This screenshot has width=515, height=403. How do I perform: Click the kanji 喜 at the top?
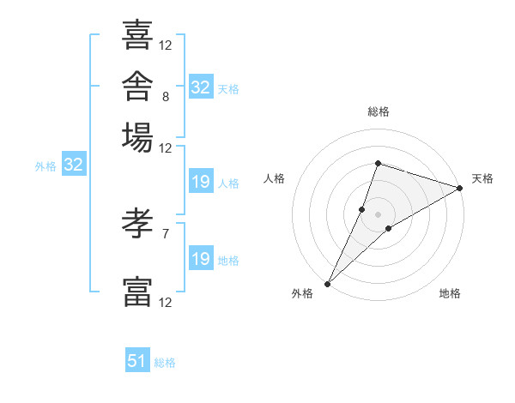pos(137,34)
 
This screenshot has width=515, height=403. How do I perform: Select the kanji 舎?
pos(137,86)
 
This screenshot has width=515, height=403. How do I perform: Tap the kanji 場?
pos(137,137)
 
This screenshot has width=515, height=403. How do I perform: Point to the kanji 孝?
pos(137,223)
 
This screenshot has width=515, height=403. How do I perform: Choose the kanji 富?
pos(137,292)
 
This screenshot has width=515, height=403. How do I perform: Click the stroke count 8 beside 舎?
pos(166,97)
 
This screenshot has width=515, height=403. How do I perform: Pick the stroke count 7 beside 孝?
pos(166,234)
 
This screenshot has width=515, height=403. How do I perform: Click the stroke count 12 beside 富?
pos(165,302)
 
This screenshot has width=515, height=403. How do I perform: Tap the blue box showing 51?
pos(137,359)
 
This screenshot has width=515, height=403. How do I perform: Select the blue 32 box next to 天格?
pos(201,87)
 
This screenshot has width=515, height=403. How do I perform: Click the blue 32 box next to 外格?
pos(74,164)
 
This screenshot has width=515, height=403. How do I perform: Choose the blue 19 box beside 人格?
pos(201,181)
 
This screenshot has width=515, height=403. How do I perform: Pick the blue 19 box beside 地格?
pos(201,257)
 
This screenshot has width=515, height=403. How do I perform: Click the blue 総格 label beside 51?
pos(165,363)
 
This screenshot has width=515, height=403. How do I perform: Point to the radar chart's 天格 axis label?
pos(482,178)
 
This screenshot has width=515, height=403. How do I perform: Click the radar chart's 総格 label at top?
pos(379,111)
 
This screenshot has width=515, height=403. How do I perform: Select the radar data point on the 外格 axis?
pos(328,284)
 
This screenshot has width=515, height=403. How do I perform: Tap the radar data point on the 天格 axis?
pos(460,188)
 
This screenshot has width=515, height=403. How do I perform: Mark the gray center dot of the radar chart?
pos(378,214)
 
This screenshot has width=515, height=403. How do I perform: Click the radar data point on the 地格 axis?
pos(389,228)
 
